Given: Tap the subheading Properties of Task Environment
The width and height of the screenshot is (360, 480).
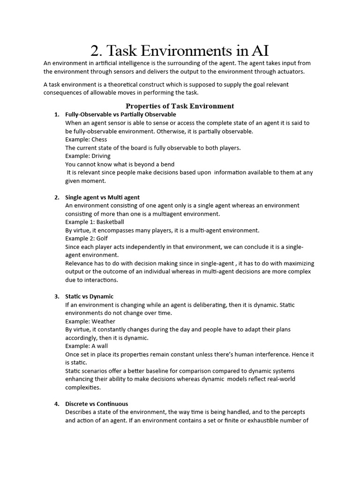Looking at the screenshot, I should (180, 106).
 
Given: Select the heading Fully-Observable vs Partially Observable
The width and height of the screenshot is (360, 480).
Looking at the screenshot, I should (120, 114).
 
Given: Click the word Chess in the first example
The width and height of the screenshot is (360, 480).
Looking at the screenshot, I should (99, 139).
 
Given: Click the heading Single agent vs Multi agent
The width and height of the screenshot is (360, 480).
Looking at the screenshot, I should (102, 197).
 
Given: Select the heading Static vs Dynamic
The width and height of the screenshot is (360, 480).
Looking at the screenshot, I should (89, 297).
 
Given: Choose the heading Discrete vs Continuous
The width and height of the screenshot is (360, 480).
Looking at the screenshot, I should (97, 404).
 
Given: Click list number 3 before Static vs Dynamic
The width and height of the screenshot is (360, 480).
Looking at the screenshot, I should (57, 297).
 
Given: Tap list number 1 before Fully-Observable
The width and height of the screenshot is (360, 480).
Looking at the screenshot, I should (57, 114).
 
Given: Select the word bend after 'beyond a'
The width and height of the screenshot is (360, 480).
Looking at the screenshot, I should (167, 164).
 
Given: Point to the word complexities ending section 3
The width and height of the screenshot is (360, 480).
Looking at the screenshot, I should (82, 388).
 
